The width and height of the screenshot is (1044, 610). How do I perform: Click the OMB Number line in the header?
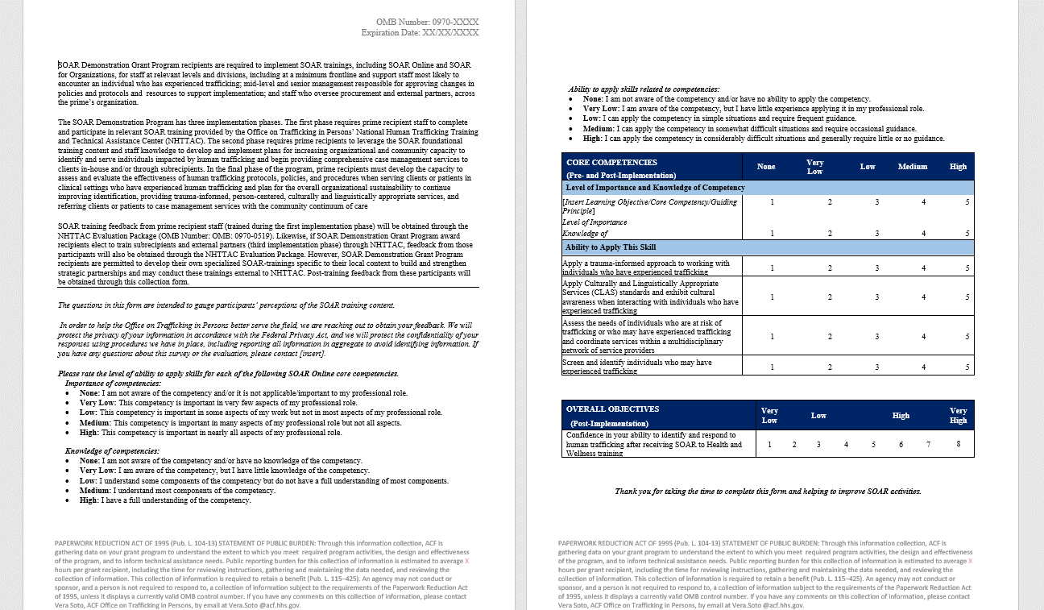[427, 22]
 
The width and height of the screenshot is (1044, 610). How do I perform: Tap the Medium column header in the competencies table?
[913, 167]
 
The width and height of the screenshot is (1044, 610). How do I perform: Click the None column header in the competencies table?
[766, 167]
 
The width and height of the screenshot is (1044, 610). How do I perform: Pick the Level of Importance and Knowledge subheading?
[655, 188]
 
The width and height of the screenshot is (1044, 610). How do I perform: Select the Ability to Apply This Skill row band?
[611, 247]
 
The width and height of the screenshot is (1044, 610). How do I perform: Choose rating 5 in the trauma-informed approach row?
[968, 268]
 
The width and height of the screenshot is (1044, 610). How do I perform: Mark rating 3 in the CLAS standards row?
[877, 297]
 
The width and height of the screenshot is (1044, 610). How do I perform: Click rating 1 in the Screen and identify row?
[773, 367]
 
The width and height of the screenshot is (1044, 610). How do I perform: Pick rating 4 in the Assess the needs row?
[924, 337]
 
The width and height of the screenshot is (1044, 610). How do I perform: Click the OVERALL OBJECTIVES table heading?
[612, 409]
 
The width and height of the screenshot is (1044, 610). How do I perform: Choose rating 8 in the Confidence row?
[959, 444]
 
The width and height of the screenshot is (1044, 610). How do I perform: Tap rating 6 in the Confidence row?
[901, 445]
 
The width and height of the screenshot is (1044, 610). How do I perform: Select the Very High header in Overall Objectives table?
[958, 415]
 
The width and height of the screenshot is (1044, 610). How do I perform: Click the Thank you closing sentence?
[768, 492]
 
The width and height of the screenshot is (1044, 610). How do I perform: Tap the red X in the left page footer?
[466, 561]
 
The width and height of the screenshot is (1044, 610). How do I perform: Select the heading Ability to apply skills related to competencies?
[644, 89]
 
